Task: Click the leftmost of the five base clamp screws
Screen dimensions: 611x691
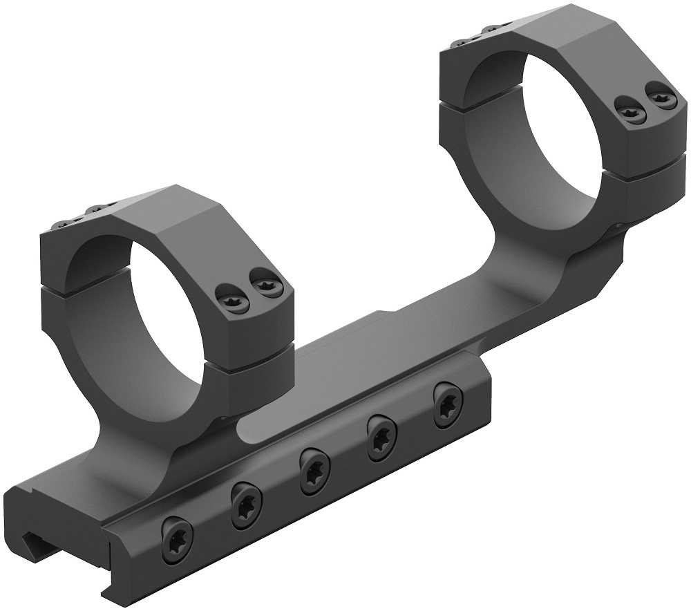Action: click(176, 533)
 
